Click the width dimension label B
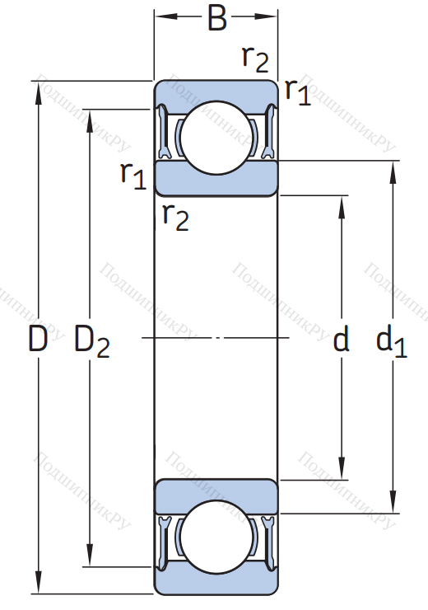(217, 18)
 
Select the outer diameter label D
(38, 339)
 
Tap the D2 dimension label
(92, 341)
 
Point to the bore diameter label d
(341, 339)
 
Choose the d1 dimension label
(391, 341)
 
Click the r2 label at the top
(255, 59)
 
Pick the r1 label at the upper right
(298, 92)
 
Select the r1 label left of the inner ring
(133, 176)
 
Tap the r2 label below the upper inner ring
(175, 218)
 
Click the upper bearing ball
(216, 138)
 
